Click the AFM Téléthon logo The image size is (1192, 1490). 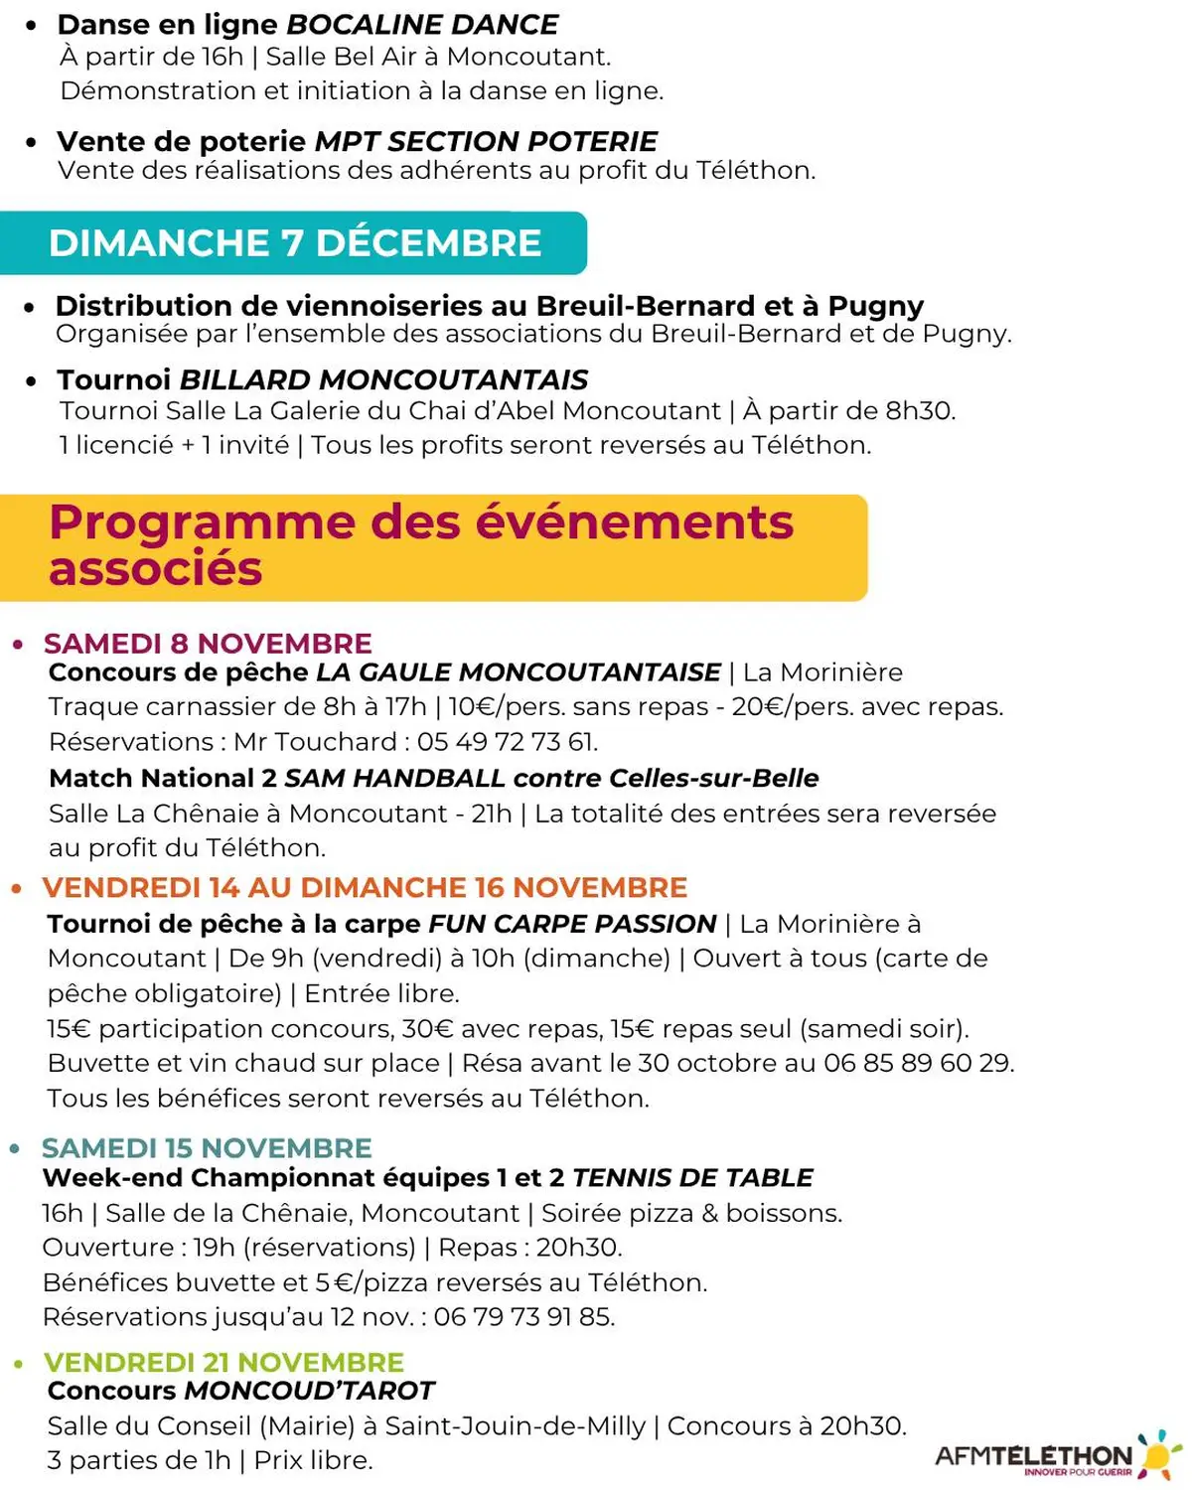[1057, 1455]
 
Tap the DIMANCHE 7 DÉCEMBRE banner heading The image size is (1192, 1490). [295, 243]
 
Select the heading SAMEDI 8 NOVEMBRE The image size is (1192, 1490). [208, 643]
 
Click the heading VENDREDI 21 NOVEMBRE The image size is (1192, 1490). [223, 1362]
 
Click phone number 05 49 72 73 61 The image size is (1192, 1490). [507, 742]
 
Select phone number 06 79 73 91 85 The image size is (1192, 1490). [523, 1317]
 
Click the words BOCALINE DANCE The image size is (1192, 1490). [422, 24]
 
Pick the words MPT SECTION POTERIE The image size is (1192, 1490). [486, 141]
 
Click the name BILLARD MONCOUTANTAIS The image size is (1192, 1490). [383, 379]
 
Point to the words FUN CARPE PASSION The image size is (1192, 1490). [572, 924]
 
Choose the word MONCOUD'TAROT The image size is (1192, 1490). [310, 1391]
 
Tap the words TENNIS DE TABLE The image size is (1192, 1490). [692, 1178]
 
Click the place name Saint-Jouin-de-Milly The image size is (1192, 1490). [515, 1426]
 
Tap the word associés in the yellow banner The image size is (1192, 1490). [155, 569]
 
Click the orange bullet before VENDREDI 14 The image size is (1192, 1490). [16, 888]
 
